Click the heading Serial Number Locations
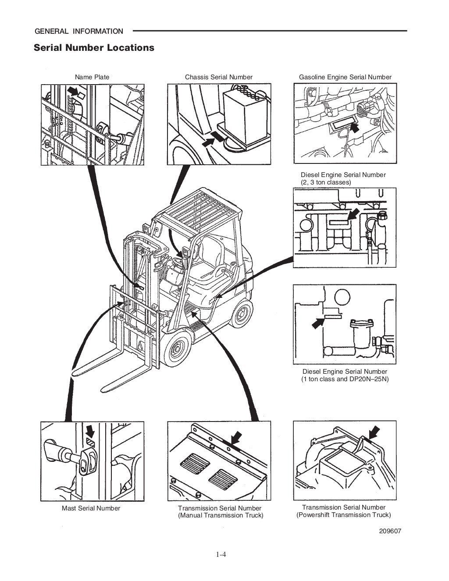click(x=94, y=47)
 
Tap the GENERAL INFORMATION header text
click(x=79, y=31)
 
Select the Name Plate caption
click(x=92, y=77)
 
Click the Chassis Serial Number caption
click(x=219, y=77)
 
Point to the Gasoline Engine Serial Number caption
click(x=345, y=77)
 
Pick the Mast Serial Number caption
click(x=91, y=508)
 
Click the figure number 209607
click(x=390, y=531)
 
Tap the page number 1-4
click(x=221, y=555)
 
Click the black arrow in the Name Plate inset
click(x=75, y=91)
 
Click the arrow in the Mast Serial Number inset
click(x=90, y=431)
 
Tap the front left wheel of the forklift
click(x=178, y=348)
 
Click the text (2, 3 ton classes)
click(x=326, y=182)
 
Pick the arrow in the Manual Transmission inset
click(x=236, y=437)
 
